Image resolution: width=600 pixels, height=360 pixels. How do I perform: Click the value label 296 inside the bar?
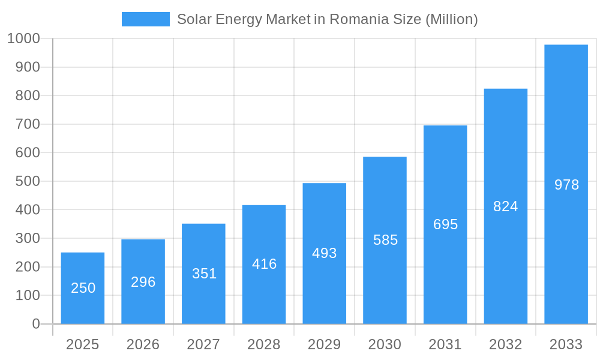(143, 282)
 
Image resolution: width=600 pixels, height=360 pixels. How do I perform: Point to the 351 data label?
(204, 274)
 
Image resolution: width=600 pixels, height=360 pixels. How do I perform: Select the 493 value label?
(324, 253)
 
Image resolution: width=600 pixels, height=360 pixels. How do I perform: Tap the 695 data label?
(445, 224)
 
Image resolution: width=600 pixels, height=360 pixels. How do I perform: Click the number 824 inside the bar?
(505, 206)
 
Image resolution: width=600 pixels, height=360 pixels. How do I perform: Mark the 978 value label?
(566, 185)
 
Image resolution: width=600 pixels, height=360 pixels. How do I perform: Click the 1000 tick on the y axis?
(23, 38)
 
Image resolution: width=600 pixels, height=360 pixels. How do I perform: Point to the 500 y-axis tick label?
(27, 181)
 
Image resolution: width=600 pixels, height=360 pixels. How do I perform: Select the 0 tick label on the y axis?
(35, 324)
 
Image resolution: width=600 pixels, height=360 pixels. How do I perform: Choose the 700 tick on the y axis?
(27, 124)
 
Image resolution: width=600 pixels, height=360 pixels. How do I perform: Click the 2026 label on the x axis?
(143, 344)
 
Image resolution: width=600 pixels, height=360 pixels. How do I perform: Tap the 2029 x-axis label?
(324, 344)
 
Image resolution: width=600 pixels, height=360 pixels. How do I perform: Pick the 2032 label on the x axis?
(505, 344)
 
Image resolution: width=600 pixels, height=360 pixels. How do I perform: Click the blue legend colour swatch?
(146, 19)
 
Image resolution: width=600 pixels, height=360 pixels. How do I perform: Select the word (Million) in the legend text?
(452, 19)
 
